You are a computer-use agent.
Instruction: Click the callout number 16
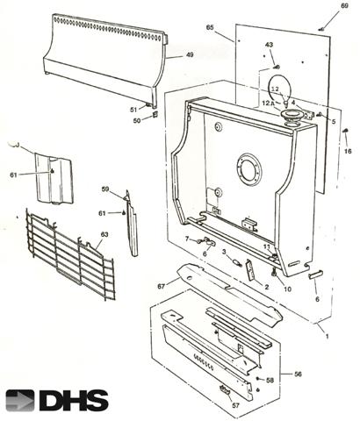click(349, 152)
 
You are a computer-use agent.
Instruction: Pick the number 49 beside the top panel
click(189, 55)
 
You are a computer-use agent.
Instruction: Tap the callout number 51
click(133, 109)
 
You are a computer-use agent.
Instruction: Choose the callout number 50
click(137, 120)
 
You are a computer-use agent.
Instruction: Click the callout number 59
click(105, 189)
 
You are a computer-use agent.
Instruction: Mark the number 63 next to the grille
click(104, 234)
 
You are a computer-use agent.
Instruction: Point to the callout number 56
click(298, 374)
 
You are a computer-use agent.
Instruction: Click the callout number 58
click(270, 380)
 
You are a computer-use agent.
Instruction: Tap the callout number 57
click(235, 406)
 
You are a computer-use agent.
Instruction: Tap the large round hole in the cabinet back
click(249, 166)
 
